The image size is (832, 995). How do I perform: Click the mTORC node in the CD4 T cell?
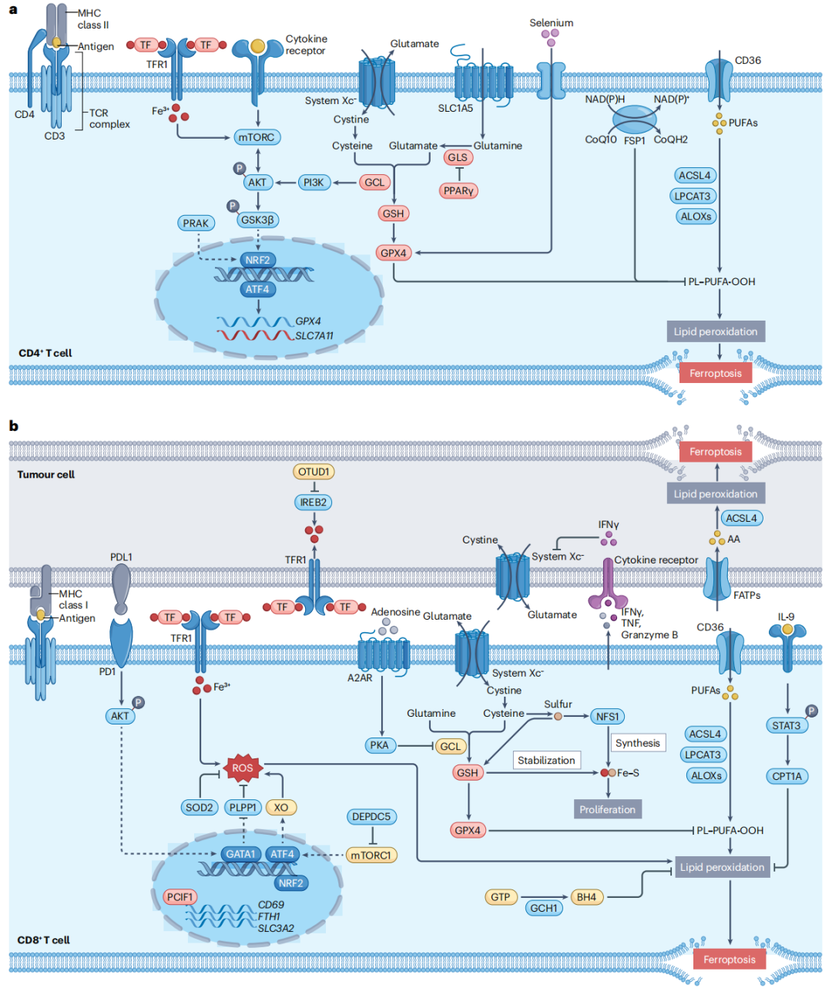(x=257, y=137)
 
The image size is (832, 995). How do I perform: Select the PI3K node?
(x=314, y=182)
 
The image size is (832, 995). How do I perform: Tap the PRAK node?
(x=196, y=223)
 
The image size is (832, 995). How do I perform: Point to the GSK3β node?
(x=257, y=220)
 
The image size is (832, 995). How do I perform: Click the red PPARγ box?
(x=458, y=190)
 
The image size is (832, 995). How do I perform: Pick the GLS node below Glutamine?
(x=458, y=157)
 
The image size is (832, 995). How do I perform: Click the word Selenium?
(x=551, y=22)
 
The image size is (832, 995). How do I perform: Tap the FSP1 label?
(x=634, y=140)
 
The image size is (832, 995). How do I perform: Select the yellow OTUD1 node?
(x=314, y=471)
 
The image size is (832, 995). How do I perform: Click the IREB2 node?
(x=314, y=502)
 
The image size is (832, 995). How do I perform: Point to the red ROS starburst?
(x=243, y=768)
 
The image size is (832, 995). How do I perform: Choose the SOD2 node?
(x=199, y=807)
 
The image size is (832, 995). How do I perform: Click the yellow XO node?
(x=281, y=807)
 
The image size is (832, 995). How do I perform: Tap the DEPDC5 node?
(x=371, y=816)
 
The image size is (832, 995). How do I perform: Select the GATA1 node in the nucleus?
(x=240, y=853)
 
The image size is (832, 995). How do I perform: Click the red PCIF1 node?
(x=179, y=897)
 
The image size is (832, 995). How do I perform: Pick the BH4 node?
(x=587, y=897)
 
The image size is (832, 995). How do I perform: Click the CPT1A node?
(x=787, y=776)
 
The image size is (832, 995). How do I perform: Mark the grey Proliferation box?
(x=608, y=809)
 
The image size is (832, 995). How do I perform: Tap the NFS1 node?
(x=607, y=716)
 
